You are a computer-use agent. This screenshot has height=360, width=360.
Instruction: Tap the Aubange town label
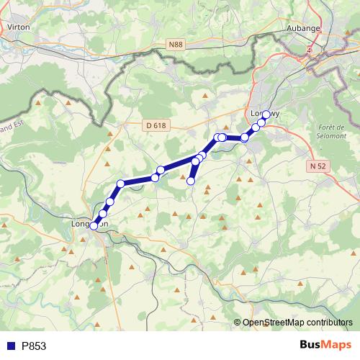[305, 28]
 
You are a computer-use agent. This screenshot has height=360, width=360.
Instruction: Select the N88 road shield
[176, 45]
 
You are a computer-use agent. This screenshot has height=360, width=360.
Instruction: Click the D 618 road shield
[155, 125]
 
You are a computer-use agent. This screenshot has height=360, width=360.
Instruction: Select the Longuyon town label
[90, 224]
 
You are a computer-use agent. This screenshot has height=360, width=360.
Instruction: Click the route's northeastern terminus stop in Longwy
[266, 114]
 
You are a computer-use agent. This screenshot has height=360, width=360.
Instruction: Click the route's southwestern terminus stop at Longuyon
[94, 226]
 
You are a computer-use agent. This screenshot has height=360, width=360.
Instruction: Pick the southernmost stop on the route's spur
[191, 181]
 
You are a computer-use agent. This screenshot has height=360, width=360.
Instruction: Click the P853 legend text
[34, 346]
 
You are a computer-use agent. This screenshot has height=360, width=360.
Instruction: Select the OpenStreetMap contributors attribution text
[297, 323]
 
